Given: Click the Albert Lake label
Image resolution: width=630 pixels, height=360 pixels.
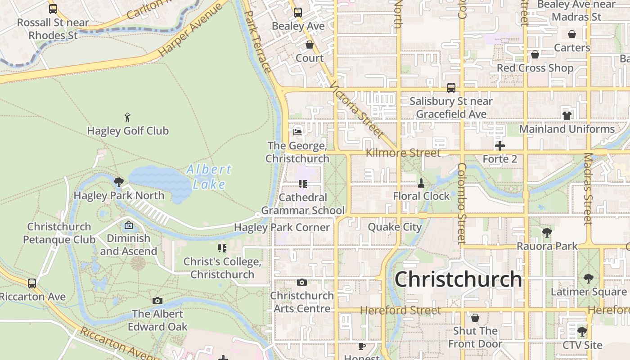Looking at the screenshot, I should click(x=209, y=176).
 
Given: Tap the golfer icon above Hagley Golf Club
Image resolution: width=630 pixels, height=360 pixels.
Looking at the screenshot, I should click(x=128, y=118).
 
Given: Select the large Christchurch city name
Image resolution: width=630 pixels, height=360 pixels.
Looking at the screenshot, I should click(x=458, y=279).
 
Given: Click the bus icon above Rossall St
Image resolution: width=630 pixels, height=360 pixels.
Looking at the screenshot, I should click(x=53, y=9).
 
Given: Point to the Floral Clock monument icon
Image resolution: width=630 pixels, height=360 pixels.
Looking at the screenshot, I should click(x=421, y=183).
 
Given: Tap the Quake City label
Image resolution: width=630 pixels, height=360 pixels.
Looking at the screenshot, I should click(x=395, y=227).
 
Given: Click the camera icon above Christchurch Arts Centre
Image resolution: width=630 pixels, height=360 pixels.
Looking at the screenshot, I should click(x=302, y=283).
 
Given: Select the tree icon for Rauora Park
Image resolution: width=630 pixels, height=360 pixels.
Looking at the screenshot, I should click(x=547, y=233).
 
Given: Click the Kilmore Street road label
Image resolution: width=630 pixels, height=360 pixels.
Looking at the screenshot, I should click(x=403, y=153).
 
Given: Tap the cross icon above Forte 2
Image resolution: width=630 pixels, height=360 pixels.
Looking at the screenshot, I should click(x=500, y=146).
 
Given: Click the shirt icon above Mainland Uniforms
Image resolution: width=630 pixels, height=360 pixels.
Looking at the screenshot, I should click(x=567, y=116).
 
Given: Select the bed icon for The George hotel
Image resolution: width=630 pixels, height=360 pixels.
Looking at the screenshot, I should click(x=297, y=132).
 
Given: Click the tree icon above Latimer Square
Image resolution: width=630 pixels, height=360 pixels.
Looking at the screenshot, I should click(x=589, y=279).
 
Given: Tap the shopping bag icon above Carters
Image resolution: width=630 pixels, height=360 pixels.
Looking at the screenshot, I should click(x=572, y=34).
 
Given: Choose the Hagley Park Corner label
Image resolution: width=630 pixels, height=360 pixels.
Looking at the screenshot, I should click(x=282, y=227).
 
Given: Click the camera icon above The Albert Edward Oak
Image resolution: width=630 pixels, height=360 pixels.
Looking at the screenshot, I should click(x=157, y=301).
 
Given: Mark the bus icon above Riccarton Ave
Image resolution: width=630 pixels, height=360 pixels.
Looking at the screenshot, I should click(x=32, y=283).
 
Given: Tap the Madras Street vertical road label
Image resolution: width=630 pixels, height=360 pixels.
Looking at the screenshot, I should click(x=588, y=189).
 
